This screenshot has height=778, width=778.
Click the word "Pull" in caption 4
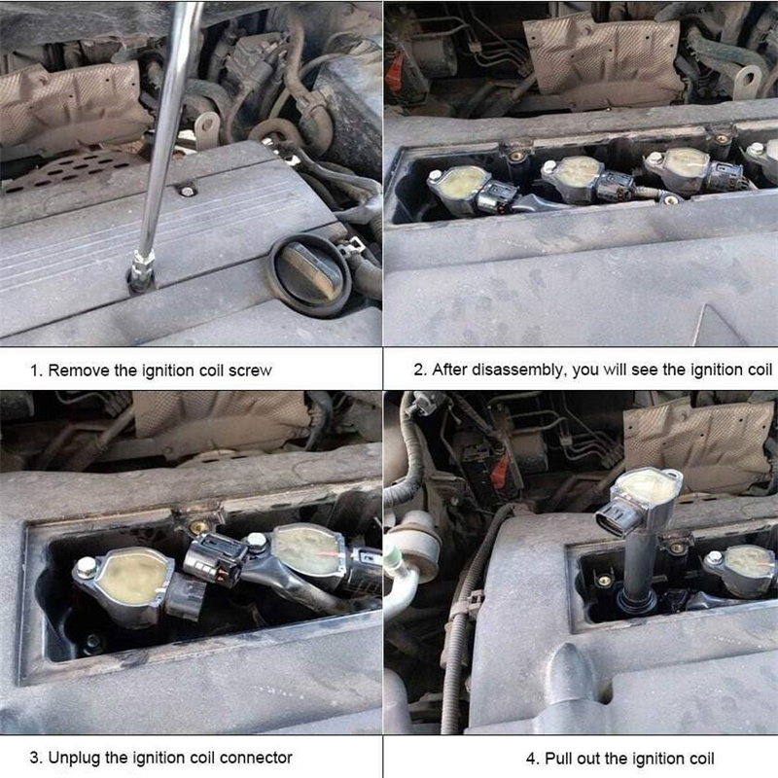(557, 759)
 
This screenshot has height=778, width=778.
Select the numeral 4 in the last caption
(531, 760)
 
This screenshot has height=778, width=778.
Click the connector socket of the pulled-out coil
(614, 521)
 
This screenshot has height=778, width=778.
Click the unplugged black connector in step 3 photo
(216, 559)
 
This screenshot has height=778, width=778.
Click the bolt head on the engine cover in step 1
(187, 191)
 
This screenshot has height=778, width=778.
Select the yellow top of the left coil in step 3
(131, 577)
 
